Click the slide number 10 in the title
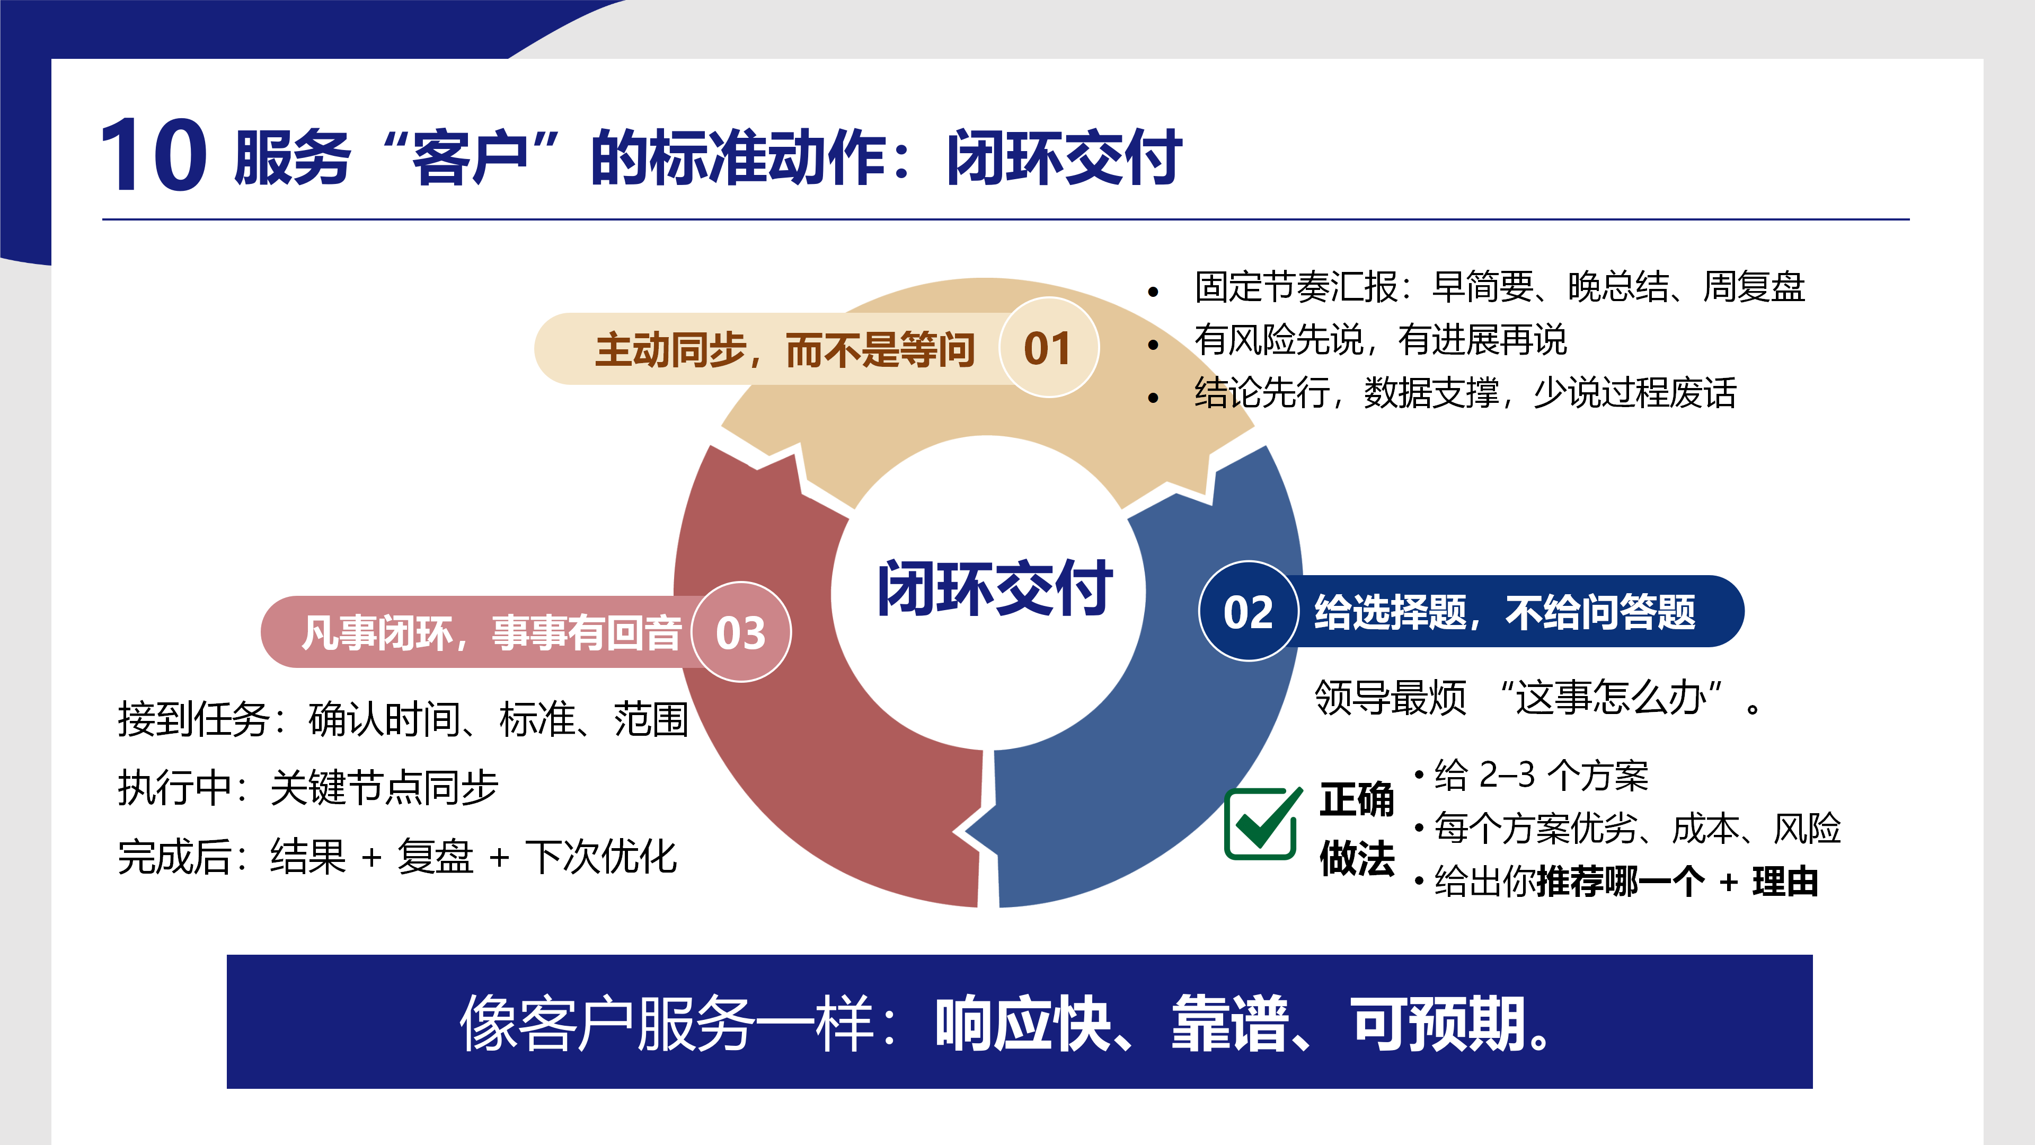pyautogui.click(x=154, y=155)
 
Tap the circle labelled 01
pyautogui.click(x=1048, y=348)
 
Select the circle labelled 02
pyautogui.click(x=1248, y=612)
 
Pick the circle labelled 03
pyautogui.click(x=740, y=632)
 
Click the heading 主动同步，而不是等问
pyautogui.click(x=784, y=349)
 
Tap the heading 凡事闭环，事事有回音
pyautogui.click(x=491, y=633)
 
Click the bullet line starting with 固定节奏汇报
pyautogui.click(x=1499, y=287)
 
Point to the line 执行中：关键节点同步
pyautogui.click(x=308, y=788)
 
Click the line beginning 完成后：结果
pyautogui.click(x=397, y=857)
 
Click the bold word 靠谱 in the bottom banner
pyautogui.click(x=1229, y=1024)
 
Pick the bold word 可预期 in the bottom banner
pyautogui.click(x=1438, y=1024)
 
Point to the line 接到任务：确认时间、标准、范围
pyautogui.click(x=403, y=719)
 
